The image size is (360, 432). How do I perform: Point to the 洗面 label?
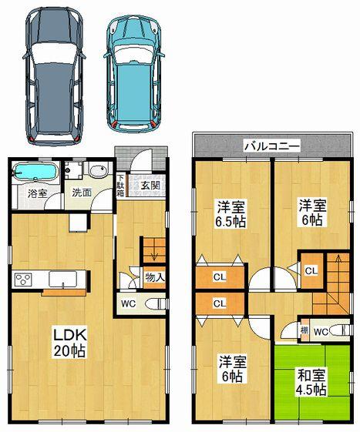pyautogui.click(x=82, y=193)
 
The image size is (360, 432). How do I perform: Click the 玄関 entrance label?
pyautogui.click(x=150, y=185)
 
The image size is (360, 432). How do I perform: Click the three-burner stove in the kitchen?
pyautogui.click(x=21, y=278)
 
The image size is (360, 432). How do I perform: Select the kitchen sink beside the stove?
pyautogui.click(x=61, y=278)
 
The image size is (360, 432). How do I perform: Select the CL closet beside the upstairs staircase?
pyautogui.click(x=311, y=270)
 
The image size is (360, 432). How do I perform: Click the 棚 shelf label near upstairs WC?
pyautogui.click(x=305, y=330)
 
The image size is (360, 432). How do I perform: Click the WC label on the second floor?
pyautogui.click(x=323, y=330)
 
